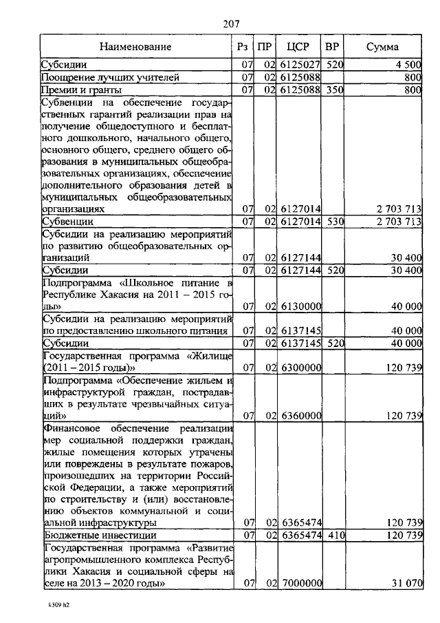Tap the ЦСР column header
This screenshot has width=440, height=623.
299,47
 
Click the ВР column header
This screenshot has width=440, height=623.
333,47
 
